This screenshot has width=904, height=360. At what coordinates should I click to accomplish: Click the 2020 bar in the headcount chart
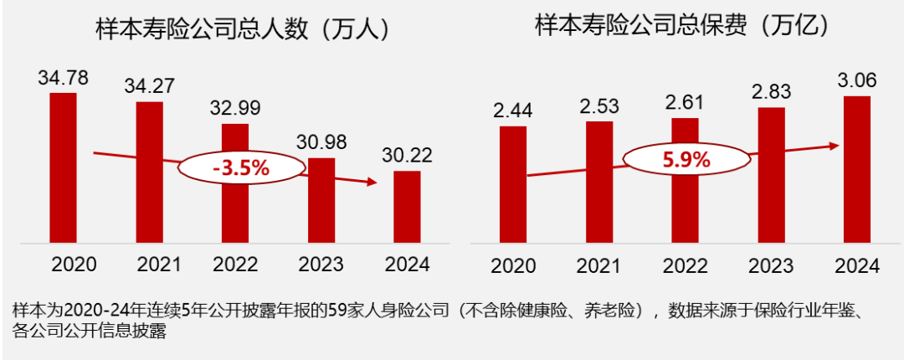[63, 167]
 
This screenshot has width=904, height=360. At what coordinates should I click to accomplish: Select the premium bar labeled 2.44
[512, 185]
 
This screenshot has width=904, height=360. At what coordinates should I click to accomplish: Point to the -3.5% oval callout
[240, 167]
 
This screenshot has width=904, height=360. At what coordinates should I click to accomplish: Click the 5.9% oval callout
[686, 159]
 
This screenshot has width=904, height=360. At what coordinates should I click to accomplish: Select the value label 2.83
[771, 90]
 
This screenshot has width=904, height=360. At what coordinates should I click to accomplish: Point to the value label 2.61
[685, 102]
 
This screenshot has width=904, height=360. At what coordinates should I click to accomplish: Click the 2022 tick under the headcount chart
[235, 265]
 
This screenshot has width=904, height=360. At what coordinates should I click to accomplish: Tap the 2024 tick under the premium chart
[857, 266]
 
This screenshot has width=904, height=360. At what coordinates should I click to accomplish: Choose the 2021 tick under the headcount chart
[149, 265]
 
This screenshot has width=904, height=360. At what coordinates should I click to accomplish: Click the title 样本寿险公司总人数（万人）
[244, 29]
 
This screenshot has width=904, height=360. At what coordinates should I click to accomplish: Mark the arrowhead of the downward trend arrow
[372, 181]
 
